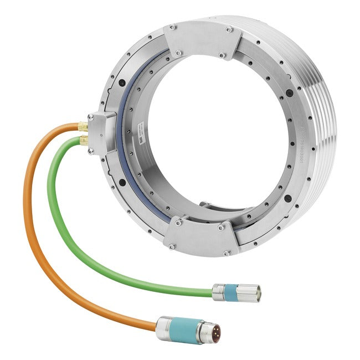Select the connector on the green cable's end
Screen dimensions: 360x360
[x=233, y=290]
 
